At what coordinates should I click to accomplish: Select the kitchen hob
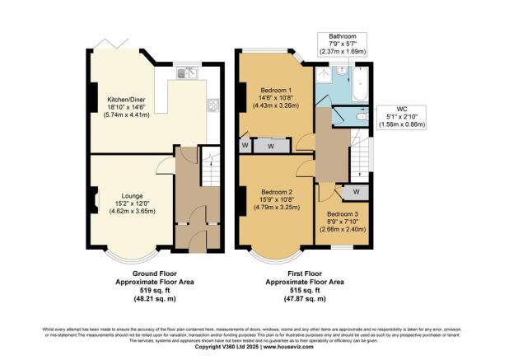point(213,105)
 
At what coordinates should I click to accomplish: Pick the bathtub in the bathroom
point(360,85)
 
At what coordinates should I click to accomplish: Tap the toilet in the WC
point(359,118)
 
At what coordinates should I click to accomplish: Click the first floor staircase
point(359,156)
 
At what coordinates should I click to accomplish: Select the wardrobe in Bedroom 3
point(355,191)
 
